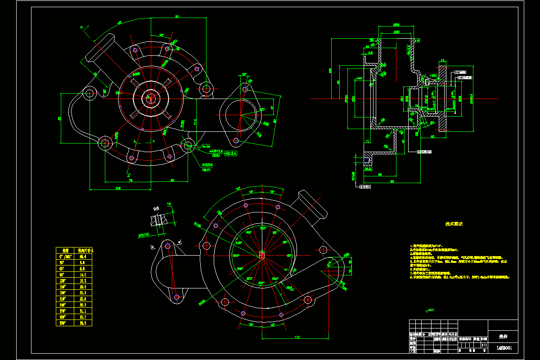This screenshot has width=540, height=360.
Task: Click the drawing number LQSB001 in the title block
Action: click(503, 347)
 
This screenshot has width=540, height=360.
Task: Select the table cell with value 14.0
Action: click(82, 274)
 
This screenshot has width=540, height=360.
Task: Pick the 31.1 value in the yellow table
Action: click(82, 310)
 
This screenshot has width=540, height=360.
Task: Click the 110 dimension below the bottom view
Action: click(297, 337)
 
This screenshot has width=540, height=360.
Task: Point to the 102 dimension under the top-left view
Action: click(118, 189)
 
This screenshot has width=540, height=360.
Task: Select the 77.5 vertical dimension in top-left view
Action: click(195, 122)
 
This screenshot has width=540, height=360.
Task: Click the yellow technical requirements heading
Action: click(454, 224)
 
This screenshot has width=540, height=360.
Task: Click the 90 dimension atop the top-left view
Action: click(177, 17)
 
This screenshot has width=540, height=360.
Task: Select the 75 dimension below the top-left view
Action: click(130, 180)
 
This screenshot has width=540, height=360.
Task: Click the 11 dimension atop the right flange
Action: click(443, 60)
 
